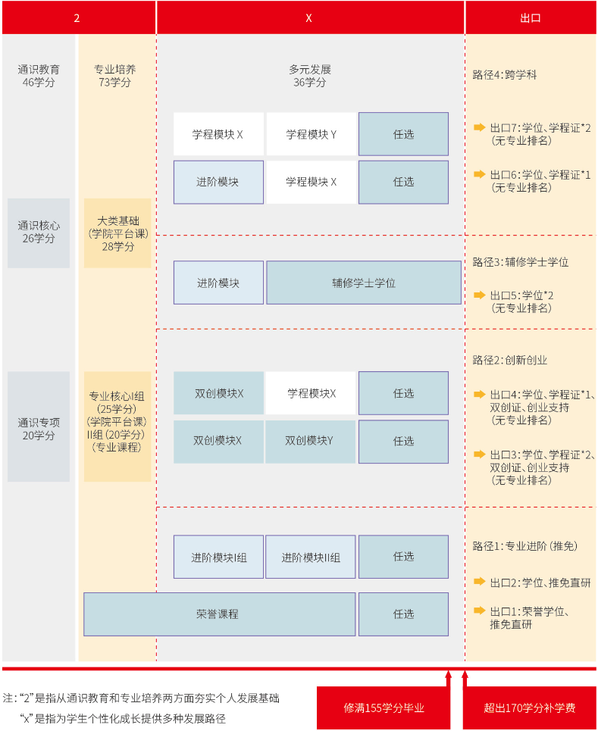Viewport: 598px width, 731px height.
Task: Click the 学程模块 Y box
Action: point(311,134)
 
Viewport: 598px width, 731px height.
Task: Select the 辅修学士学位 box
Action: point(363,283)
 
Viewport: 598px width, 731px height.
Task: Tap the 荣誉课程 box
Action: point(219,614)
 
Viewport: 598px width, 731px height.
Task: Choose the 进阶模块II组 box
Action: point(311,557)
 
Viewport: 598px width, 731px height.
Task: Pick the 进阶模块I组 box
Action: point(218,557)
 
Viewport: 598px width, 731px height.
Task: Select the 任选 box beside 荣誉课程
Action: point(403,614)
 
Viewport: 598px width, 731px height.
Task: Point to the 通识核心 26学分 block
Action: point(39,233)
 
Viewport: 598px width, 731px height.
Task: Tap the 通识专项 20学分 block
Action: point(39,427)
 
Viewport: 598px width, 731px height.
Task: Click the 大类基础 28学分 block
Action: point(117,233)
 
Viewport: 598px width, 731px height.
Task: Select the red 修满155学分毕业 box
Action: point(384,708)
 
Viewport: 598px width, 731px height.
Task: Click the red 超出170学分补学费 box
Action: point(529,708)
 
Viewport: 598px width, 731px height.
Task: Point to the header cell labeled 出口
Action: point(531,17)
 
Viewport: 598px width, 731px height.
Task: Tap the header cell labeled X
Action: point(309,17)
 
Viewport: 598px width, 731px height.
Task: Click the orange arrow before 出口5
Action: point(479,295)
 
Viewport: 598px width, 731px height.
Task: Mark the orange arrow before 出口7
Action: point(479,127)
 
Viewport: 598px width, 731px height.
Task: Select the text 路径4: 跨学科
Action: point(505,75)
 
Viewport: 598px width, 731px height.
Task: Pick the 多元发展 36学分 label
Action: point(309,76)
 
